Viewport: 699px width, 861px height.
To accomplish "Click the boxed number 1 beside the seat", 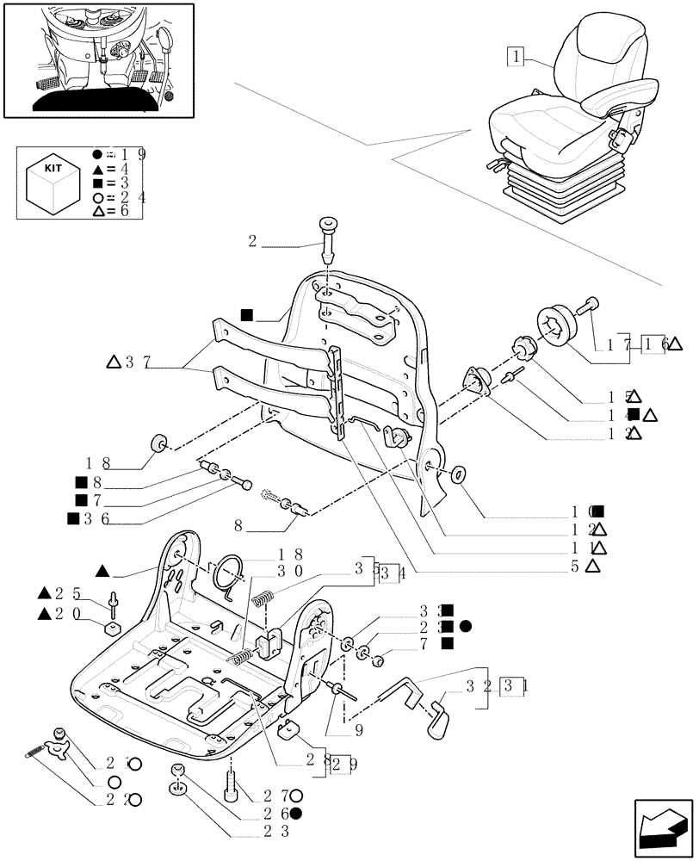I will pyautogui.click(x=516, y=57).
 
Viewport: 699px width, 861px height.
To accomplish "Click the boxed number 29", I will pyautogui.click(x=341, y=764).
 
